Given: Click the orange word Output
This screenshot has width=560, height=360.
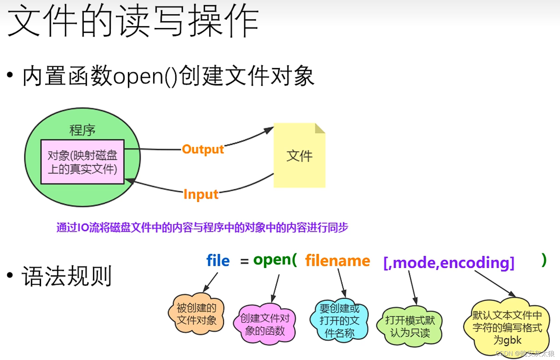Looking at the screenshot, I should (x=203, y=150).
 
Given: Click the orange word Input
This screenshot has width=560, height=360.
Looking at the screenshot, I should (x=201, y=194).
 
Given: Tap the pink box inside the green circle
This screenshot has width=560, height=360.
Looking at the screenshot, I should (x=82, y=162).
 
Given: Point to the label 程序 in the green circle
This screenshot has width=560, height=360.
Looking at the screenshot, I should (x=82, y=130).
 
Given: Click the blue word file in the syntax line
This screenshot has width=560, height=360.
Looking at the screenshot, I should (x=218, y=261).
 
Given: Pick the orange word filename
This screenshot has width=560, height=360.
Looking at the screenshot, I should (x=338, y=261).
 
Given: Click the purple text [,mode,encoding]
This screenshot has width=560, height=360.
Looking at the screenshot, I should (x=449, y=263).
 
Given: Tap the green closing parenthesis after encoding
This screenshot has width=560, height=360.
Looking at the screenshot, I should (x=544, y=260).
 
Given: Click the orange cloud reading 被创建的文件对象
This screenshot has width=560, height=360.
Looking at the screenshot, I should (x=196, y=314).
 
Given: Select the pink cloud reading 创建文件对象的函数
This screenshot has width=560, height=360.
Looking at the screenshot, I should (x=265, y=324).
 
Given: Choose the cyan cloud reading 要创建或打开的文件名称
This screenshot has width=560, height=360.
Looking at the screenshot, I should (x=339, y=320).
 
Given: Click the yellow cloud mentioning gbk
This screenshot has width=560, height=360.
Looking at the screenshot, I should (x=507, y=327).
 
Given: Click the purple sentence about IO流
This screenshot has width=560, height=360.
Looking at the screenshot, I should (x=202, y=228).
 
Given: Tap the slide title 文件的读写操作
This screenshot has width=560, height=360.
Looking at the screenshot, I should (x=133, y=21).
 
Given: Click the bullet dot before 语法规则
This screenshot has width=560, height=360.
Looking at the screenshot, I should (x=10, y=275).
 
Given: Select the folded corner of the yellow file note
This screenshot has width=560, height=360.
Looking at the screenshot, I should (x=320, y=128).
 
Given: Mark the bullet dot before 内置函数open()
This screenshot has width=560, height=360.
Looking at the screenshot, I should (x=10, y=75).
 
